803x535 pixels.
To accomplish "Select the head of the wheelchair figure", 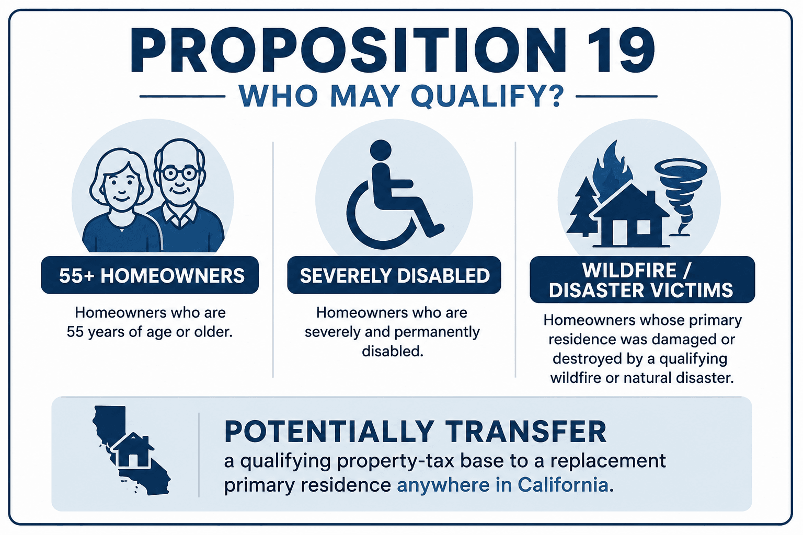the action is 381,150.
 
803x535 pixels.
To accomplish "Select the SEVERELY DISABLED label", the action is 395,275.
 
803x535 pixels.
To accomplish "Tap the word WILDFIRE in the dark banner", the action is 629,271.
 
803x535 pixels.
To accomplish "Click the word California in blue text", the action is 563,485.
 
